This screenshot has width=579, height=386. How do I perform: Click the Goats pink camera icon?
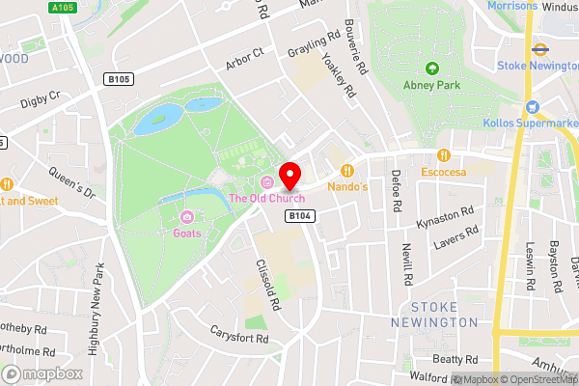pyautogui.click(x=186, y=217)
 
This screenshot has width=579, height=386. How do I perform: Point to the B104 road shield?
pyautogui.click(x=298, y=218)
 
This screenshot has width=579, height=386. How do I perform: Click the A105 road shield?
pyautogui.click(x=64, y=8)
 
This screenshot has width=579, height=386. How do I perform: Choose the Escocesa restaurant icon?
pyautogui.click(x=444, y=155)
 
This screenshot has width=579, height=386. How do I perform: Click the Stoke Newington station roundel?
pyautogui.click(x=538, y=48)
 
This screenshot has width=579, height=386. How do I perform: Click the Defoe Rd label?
pyautogui.click(x=396, y=191)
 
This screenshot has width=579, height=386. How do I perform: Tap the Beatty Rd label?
pyautogui.click(x=455, y=359)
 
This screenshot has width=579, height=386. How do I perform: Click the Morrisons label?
pyautogui.click(x=512, y=6)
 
